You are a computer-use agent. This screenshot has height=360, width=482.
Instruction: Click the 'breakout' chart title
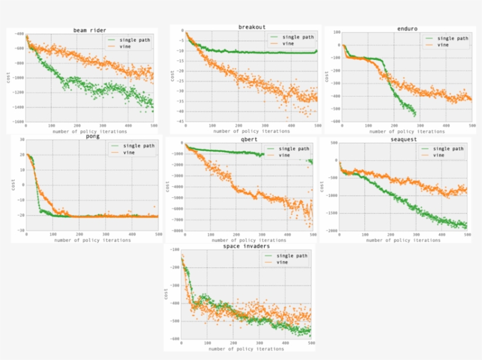[251, 27]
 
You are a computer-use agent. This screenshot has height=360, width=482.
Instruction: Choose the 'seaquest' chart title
[402, 139]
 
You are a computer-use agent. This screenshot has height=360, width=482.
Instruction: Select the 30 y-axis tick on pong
[19, 140]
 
